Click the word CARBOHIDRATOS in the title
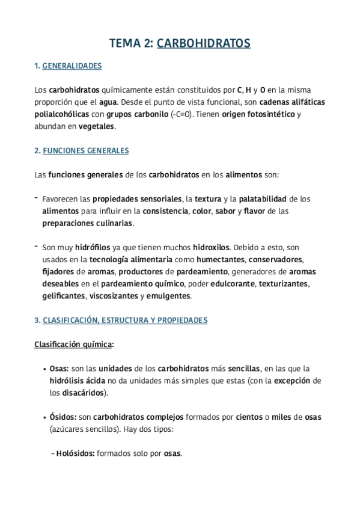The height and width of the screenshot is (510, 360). coord(204,43)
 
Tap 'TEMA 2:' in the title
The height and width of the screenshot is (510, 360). coord(131,43)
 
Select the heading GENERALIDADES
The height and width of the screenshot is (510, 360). coord(72,66)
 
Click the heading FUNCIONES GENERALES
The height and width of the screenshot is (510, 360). coord(85,151)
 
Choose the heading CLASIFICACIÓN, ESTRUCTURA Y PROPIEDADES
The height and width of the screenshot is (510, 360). coord(125,321)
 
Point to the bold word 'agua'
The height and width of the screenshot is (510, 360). coord(109,102)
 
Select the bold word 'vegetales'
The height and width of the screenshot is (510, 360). coord(96,126)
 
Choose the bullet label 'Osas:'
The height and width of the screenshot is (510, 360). coord(59,369)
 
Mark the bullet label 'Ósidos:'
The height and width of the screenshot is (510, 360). coord(63,417)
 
